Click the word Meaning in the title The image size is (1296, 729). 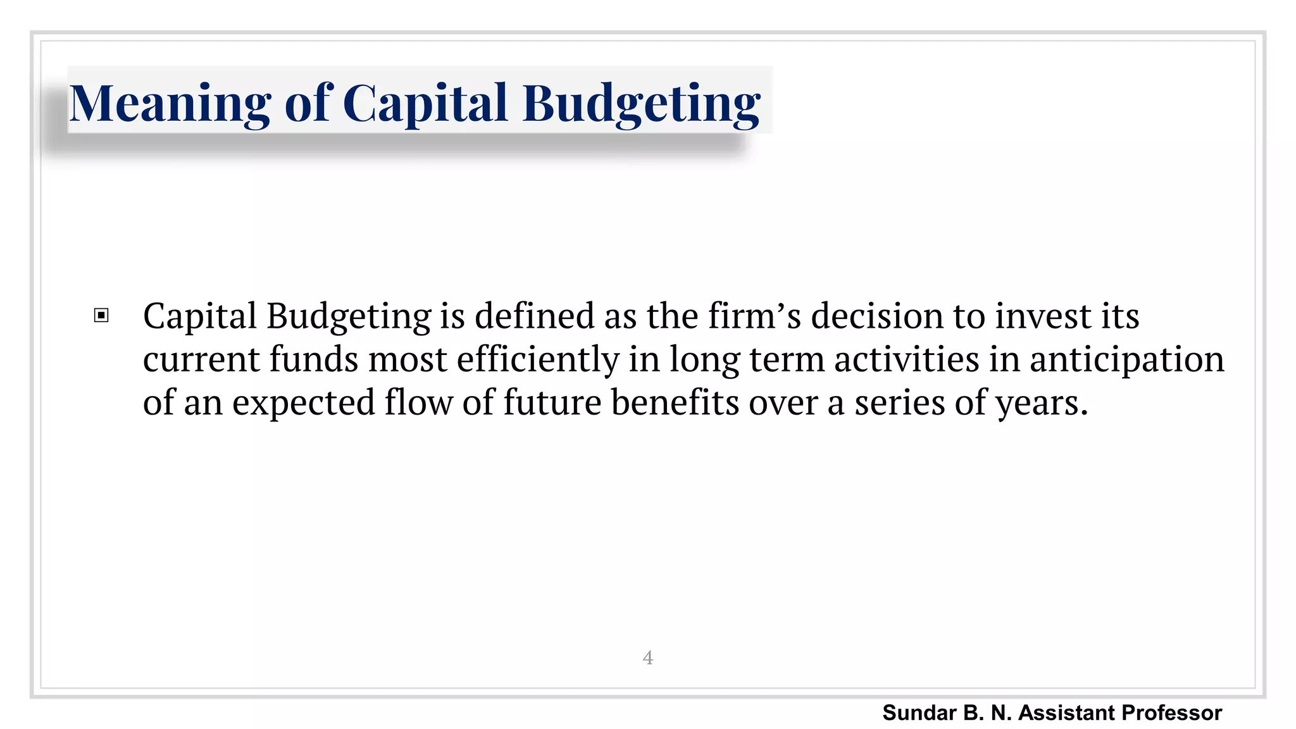(170, 103)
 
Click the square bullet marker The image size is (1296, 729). (101, 315)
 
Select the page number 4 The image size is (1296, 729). (647, 657)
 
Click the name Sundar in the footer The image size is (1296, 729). (919, 713)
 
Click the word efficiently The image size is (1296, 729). (537, 359)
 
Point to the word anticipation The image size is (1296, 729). (1126, 359)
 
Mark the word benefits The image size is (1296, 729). (675, 402)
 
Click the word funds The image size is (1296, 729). (314, 359)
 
